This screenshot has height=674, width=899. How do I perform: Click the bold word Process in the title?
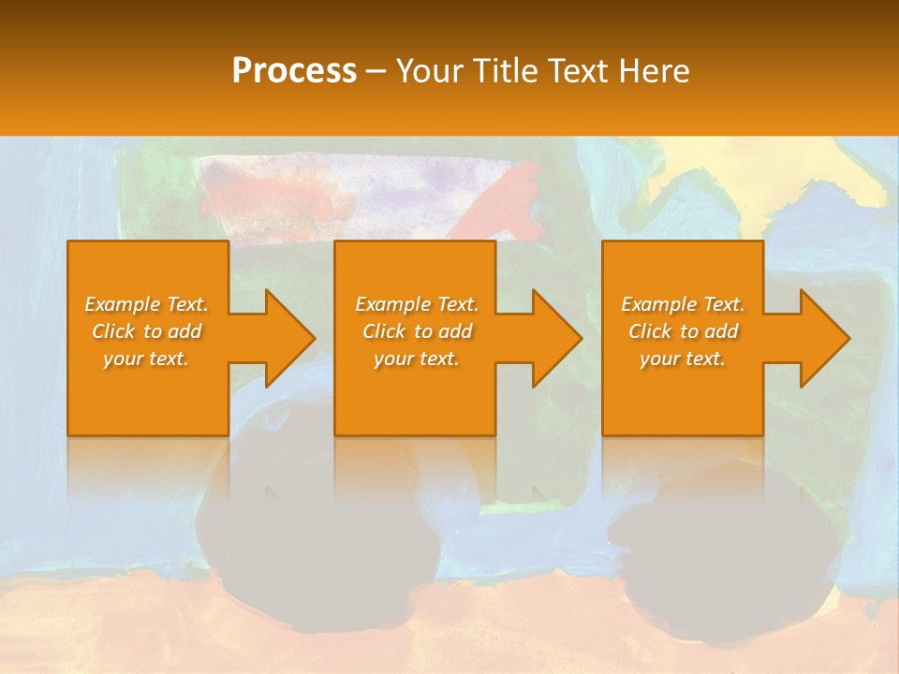click(x=294, y=71)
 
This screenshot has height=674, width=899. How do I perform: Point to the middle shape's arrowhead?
click(x=555, y=338)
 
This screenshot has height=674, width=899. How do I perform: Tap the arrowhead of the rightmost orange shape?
click(x=823, y=338)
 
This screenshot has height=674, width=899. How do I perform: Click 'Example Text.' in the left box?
click(x=146, y=304)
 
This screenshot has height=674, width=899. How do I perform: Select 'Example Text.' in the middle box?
click(x=417, y=304)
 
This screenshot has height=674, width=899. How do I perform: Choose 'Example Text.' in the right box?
click(x=683, y=304)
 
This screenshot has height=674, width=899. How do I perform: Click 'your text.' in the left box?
click(x=146, y=359)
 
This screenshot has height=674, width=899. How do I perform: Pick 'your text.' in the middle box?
click(x=417, y=359)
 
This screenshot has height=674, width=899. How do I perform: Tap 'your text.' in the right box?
click(x=683, y=359)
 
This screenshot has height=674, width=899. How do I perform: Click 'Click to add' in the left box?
click(x=146, y=331)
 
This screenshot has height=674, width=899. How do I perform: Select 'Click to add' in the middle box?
click(x=417, y=331)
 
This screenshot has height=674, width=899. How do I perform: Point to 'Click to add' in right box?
click(x=683, y=331)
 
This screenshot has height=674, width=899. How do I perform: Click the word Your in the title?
click(x=428, y=71)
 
